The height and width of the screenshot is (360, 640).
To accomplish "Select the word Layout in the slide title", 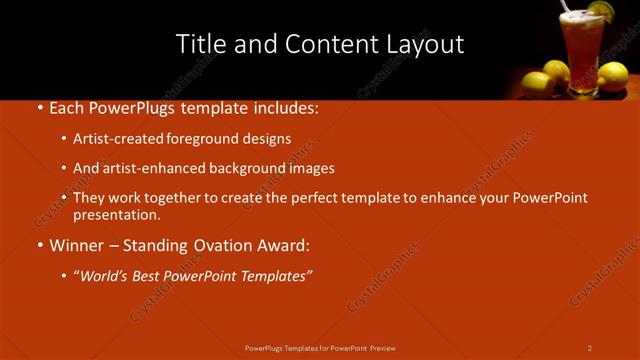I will pyautogui.click(x=426, y=44).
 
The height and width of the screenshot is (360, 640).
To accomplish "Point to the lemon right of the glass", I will pyautogui.click(x=611, y=76).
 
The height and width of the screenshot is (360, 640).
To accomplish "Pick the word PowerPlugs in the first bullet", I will pyautogui.click(x=139, y=107).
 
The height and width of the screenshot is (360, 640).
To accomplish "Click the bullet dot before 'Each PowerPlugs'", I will pyautogui.click(x=39, y=107).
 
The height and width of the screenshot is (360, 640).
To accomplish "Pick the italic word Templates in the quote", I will pyautogui.click(x=274, y=275).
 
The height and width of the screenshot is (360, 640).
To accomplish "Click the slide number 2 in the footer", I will pyautogui.click(x=590, y=348).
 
